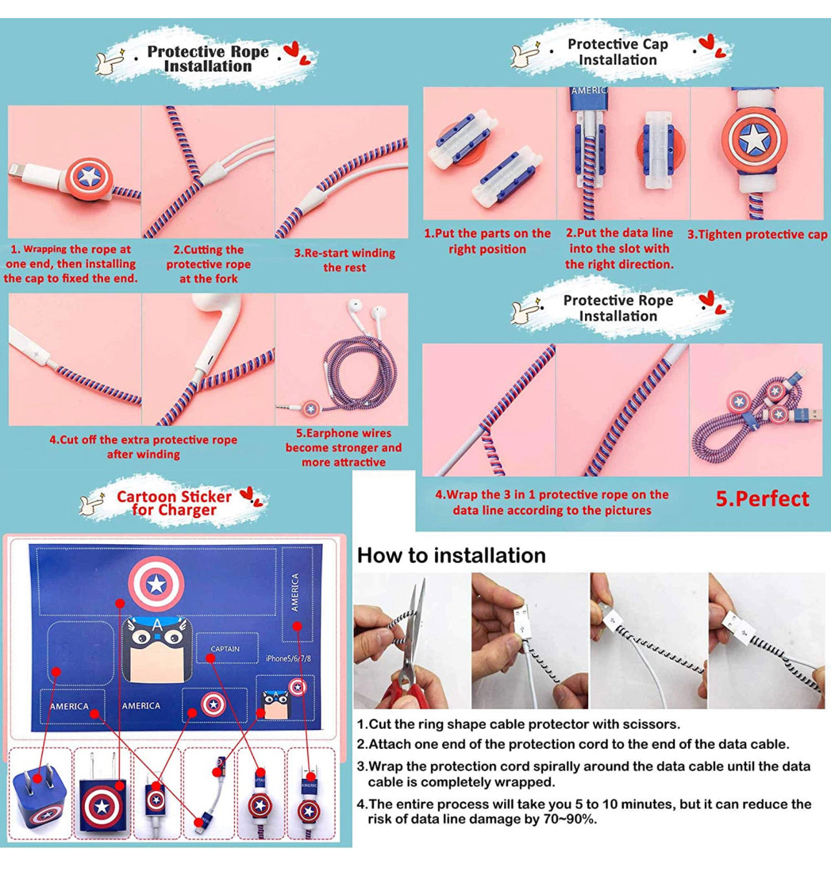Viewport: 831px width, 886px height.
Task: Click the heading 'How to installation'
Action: coord(452,556)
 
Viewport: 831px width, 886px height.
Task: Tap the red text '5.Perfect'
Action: coord(762,499)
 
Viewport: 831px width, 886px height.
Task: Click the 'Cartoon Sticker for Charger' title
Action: coord(174,502)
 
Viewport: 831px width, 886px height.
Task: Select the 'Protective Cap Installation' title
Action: coord(617,52)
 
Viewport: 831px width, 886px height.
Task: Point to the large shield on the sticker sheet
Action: coord(156,584)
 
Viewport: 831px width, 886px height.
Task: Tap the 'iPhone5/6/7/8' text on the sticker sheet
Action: coord(288,658)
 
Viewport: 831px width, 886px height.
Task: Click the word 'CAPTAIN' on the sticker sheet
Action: coord(225,649)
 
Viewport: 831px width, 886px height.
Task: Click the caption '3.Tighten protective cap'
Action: coord(757,235)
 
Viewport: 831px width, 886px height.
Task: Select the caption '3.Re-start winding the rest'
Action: coord(344,260)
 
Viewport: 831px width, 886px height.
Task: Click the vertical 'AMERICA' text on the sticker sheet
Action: coord(294,592)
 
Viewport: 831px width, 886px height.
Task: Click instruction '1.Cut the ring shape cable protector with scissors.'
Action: coord(518,724)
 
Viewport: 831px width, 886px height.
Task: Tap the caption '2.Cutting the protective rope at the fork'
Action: coord(208,264)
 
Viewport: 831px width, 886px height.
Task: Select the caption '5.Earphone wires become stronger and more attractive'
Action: coord(344,448)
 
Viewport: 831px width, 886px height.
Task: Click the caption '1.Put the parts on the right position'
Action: coord(487,241)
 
